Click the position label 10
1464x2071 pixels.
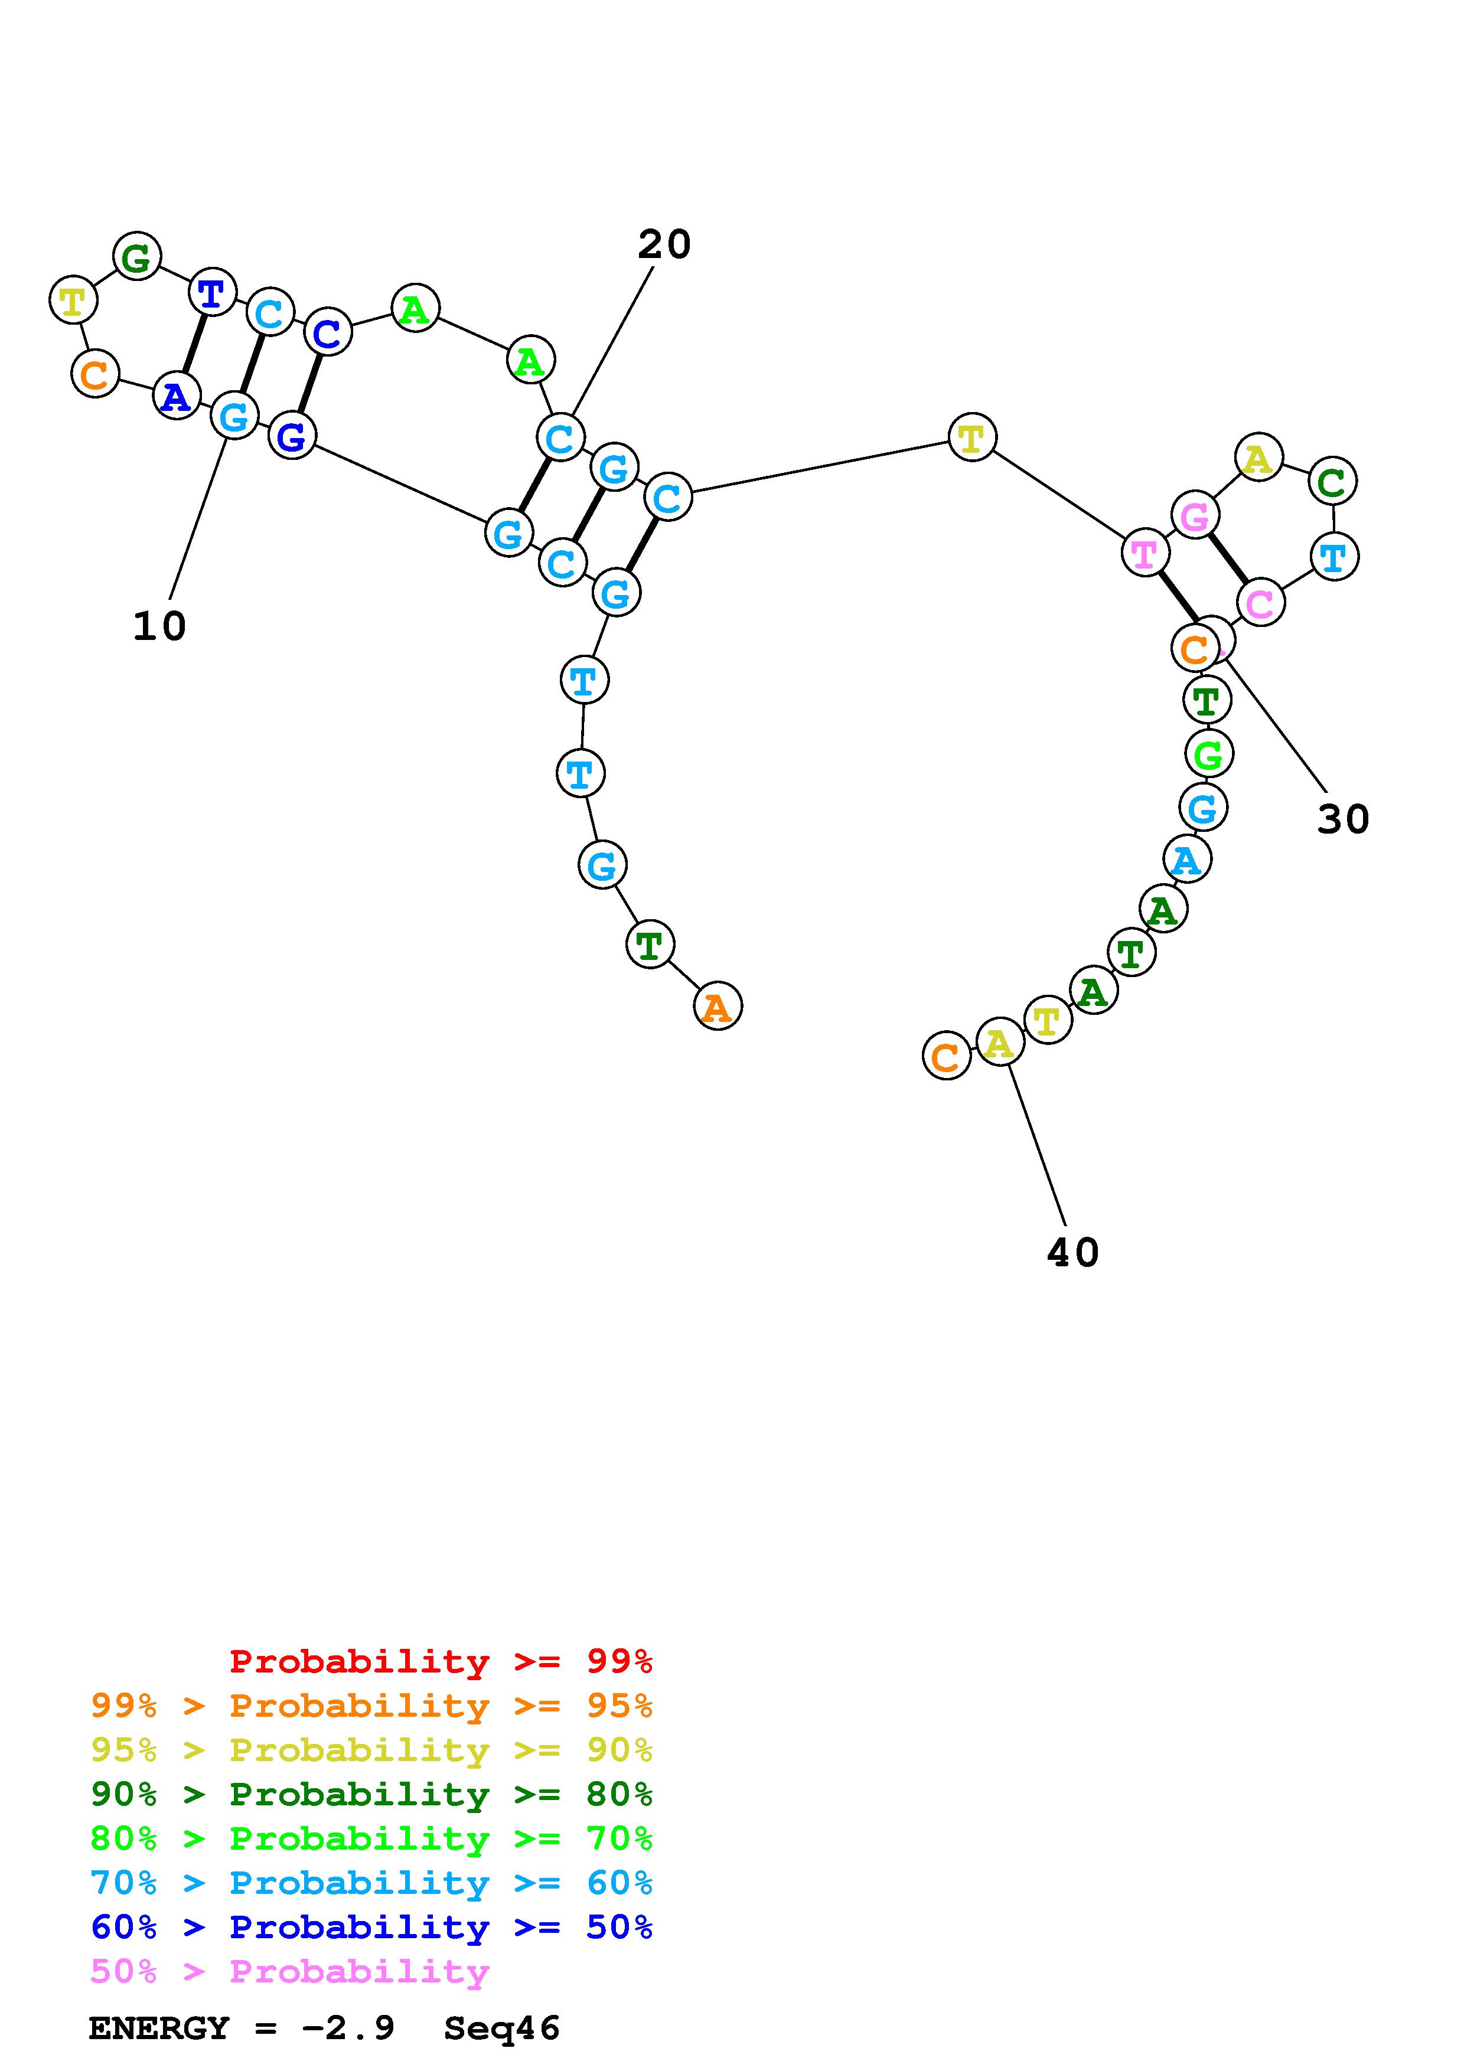point(159,626)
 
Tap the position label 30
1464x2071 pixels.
point(1343,819)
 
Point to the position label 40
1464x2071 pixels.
point(1072,1252)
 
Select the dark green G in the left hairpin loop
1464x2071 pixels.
point(137,257)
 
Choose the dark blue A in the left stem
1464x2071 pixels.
point(177,396)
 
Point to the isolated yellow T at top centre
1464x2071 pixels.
point(971,439)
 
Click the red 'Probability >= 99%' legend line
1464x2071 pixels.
point(441,1661)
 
